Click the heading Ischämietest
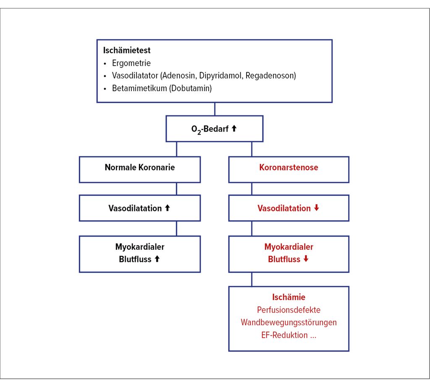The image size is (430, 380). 127,50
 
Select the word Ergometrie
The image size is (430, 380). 131,63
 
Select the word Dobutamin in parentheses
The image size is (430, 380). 191,88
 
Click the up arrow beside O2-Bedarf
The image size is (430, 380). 234,128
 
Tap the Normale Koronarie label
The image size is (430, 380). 139,167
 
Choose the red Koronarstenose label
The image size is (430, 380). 288,167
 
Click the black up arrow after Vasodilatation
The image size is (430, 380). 167,208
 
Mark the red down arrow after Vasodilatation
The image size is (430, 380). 317,208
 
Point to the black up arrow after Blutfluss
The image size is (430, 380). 157,259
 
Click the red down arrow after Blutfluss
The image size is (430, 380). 306,259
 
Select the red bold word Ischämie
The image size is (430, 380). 288,297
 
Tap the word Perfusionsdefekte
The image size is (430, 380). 288,310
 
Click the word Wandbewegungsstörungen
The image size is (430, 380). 288,322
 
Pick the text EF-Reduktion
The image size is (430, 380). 284,335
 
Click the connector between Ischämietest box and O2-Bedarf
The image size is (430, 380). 215,109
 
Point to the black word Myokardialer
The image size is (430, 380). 139,247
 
